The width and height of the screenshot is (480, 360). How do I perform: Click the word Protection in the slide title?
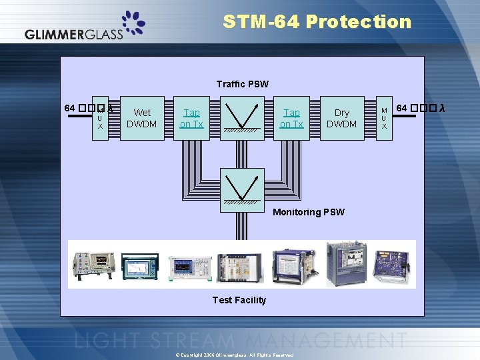coord(359,22)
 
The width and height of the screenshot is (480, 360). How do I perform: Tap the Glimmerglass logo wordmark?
coord(74,35)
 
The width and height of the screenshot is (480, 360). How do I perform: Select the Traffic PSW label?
coord(243,84)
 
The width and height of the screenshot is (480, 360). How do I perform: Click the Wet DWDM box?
coord(142,118)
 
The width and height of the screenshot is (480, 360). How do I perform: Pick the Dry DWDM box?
coord(342,118)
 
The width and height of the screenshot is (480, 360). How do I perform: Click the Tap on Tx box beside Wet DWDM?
coord(191,118)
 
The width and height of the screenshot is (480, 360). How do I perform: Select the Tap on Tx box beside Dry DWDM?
coord(291,118)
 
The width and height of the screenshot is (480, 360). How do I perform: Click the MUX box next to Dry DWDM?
coord(384,118)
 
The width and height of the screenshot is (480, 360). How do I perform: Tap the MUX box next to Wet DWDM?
coord(101,119)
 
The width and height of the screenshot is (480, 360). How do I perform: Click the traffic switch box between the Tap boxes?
coord(241,118)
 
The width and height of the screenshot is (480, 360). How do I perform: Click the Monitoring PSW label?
coord(309,212)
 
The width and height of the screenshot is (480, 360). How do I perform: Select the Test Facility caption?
coord(239,300)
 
